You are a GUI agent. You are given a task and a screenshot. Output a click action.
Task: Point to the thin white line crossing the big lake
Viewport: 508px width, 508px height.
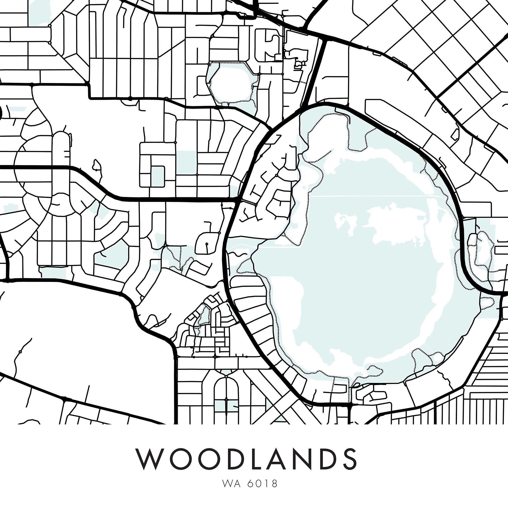pos(368,196)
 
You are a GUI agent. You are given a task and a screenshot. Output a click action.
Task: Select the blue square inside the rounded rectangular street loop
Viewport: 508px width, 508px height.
pos(157,177)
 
